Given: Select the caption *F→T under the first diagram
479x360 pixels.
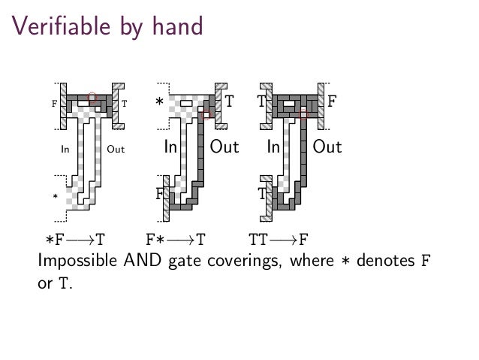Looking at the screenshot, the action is [74, 241].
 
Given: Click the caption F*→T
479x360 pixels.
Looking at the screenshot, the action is [175, 241].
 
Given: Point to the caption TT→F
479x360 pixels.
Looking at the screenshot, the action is [279, 241].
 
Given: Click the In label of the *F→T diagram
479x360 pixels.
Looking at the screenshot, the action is [65, 150].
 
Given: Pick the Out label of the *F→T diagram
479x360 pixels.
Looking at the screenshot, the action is [116, 150].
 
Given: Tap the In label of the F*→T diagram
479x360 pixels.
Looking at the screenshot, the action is [170, 147].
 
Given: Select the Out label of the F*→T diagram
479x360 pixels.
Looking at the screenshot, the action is [224, 147].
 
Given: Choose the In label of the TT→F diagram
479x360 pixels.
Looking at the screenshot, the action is [274, 147].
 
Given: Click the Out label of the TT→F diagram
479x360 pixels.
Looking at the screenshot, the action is [327, 147].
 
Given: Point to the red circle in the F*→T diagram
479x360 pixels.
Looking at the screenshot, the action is [208, 113].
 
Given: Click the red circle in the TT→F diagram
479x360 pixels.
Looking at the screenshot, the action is [303, 113].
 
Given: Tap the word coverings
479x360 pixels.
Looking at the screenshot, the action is [239, 262].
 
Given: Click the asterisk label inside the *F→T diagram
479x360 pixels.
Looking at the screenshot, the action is [55, 197].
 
